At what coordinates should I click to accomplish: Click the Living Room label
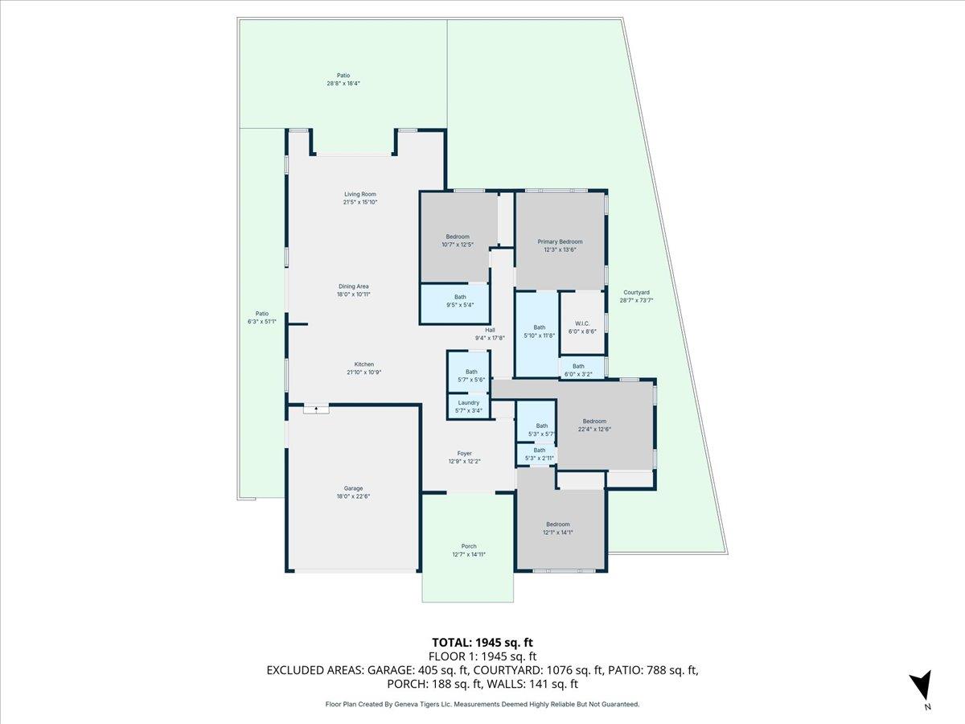[359, 194]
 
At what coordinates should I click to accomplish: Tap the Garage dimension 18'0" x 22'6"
[353, 497]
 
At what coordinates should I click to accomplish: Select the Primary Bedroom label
[560, 241]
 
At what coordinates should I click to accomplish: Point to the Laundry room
[468, 406]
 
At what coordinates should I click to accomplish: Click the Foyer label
[464, 453]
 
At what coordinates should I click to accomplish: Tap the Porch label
[468, 546]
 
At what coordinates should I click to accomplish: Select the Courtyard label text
[635, 292]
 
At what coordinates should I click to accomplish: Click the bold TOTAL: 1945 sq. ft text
[482, 642]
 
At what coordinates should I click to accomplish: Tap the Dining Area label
[353, 286]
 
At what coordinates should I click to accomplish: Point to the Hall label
[489, 330]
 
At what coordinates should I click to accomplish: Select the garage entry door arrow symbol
[316, 409]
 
